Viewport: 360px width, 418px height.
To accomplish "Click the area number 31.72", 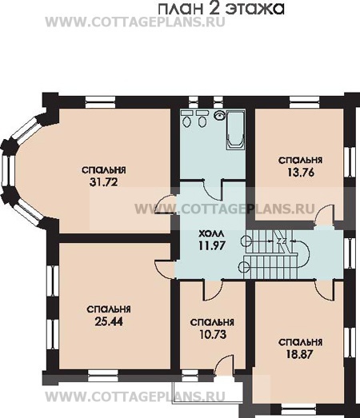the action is pyautogui.click(x=103, y=182).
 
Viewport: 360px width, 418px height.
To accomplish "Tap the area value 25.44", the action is pyautogui.click(x=109, y=322).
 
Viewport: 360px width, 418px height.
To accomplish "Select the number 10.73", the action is pyautogui.click(x=213, y=334).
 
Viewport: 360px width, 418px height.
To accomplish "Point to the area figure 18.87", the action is pyautogui.click(x=299, y=355).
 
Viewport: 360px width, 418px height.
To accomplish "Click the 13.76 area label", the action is pyautogui.click(x=301, y=173).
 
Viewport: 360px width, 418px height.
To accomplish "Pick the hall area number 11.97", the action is pyautogui.click(x=212, y=245).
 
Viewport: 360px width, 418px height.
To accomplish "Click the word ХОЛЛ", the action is pyautogui.click(x=212, y=234).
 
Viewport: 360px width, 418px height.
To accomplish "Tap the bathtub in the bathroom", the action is pyautogui.click(x=235, y=129).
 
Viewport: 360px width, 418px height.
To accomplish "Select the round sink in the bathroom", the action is pyautogui.click(x=220, y=115).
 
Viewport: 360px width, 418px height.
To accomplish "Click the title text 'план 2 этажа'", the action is pyautogui.click(x=222, y=9).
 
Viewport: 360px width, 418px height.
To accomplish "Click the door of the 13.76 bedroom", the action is pyautogui.click(x=324, y=214).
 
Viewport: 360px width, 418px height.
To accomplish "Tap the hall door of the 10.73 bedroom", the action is pyautogui.click(x=214, y=290).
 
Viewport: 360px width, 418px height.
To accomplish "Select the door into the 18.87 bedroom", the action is pyautogui.click(x=324, y=291).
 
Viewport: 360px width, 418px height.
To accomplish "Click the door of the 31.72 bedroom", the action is pyautogui.click(x=165, y=205).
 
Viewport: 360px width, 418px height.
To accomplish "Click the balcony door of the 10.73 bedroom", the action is pyautogui.click(x=224, y=366).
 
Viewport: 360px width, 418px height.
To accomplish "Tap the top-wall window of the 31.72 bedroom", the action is pyautogui.click(x=101, y=102).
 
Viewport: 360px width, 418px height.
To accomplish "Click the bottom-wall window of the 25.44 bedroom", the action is pyautogui.click(x=103, y=378).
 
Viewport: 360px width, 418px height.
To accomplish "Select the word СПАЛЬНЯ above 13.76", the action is pyautogui.click(x=301, y=160).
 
